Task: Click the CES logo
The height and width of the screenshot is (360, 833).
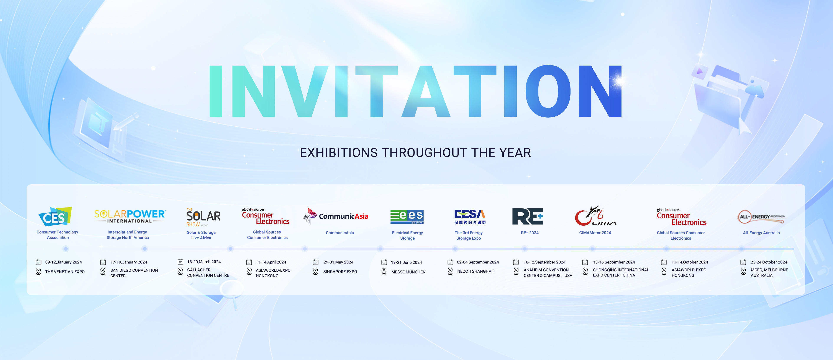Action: point(55,216)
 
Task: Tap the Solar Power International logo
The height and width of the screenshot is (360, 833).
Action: point(130,216)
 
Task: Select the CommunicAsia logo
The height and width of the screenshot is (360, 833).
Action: point(336,216)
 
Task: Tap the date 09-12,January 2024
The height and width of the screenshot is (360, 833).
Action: point(63,262)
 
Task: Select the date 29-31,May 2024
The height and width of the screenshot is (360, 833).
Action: point(338,262)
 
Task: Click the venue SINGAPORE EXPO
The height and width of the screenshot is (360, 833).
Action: point(340,272)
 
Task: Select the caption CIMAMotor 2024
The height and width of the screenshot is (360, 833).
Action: point(595,233)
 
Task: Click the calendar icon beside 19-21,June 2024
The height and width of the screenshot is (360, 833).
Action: point(384,262)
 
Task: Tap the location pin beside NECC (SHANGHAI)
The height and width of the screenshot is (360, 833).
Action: point(450,271)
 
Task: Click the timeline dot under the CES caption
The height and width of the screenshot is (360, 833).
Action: point(66,249)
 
